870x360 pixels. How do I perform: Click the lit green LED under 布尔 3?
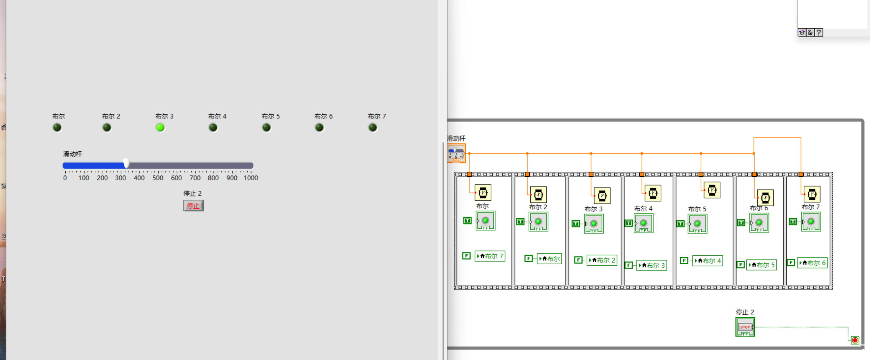pyautogui.click(x=160, y=127)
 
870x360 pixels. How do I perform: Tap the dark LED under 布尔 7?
pyautogui.click(x=372, y=127)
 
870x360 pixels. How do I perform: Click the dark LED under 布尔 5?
pyautogui.click(x=266, y=127)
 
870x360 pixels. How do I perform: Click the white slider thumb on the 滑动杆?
pyautogui.click(x=126, y=163)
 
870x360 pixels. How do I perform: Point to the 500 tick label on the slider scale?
pyautogui.click(x=158, y=178)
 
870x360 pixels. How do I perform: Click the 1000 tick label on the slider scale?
pyautogui.click(x=251, y=178)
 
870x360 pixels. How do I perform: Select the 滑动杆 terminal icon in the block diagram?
pyautogui.click(x=456, y=153)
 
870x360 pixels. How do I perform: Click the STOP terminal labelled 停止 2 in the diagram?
pyautogui.click(x=745, y=327)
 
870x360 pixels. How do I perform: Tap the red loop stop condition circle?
pyautogui.click(x=855, y=340)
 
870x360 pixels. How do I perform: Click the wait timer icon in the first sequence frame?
pyautogui.click(x=483, y=193)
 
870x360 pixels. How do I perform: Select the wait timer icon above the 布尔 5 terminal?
pyautogui.click(x=712, y=190)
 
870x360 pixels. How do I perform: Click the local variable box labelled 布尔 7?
pyautogui.click(x=490, y=256)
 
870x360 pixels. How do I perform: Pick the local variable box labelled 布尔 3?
pyautogui.click(x=651, y=265)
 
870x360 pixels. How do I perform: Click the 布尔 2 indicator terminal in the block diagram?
pyautogui.click(x=538, y=222)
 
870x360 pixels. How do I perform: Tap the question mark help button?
pyautogui.click(x=819, y=32)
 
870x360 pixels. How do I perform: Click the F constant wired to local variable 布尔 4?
pyautogui.click(x=684, y=260)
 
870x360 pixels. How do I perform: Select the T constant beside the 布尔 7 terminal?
pyautogui.click(x=793, y=221)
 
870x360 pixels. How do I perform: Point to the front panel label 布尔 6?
pyautogui.click(x=323, y=116)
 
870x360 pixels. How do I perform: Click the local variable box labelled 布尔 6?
pyautogui.click(x=812, y=263)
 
